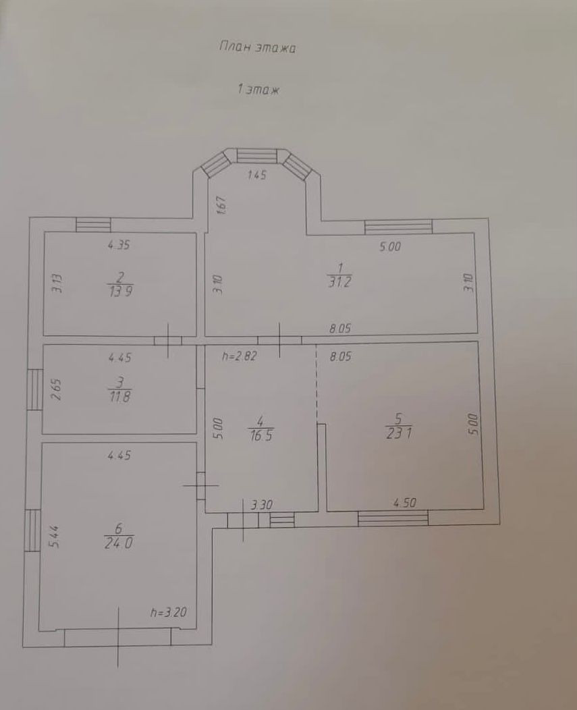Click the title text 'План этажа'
257,47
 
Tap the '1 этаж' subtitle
258,90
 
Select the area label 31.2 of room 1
339,281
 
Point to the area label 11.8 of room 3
120,397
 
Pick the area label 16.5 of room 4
261,435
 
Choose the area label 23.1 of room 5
399,433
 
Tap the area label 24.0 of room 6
119,543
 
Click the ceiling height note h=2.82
239,356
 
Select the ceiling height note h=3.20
169,613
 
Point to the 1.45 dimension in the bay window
257,174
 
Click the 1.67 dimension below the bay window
221,205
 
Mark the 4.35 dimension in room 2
119,245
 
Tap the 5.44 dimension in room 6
54,537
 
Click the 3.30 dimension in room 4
262,504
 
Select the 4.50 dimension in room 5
404,503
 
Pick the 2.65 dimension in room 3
56,390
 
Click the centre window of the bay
257,156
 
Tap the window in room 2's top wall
93,225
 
